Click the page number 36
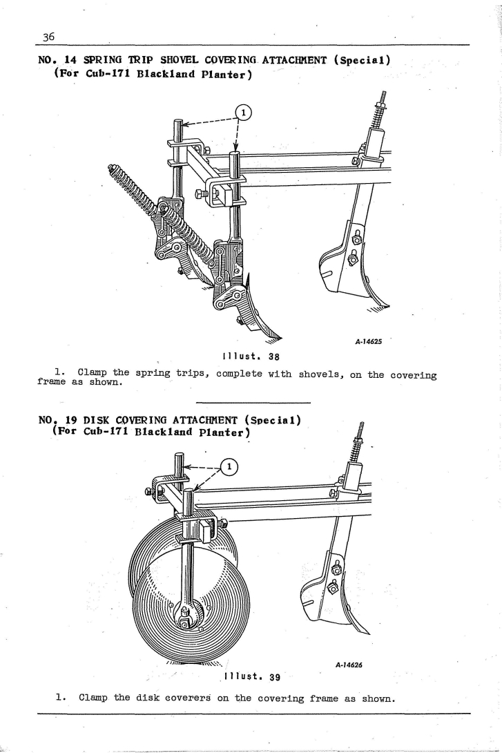tap(49, 37)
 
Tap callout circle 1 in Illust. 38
tap(244, 113)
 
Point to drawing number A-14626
tap(349, 665)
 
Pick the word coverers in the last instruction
tap(187, 697)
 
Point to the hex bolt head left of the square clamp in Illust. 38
tap(200, 194)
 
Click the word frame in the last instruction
tap(324, 698)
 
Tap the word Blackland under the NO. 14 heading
tap(160, 75)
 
